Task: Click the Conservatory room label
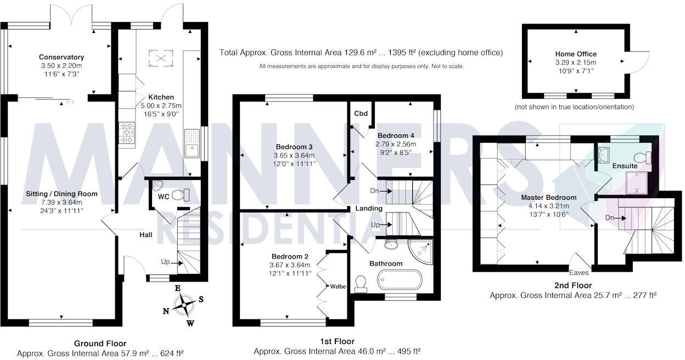click(61, 57)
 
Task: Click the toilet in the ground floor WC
click(179, 194)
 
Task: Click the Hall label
click(145, 235)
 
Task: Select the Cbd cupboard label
click(361, 114)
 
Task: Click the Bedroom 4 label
click(395, 136)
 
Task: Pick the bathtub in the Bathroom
click(399, 281)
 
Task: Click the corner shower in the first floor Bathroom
click(423, 250)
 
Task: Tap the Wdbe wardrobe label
click(338, 286)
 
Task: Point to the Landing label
click(369, 209)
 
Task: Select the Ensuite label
click(625, 165)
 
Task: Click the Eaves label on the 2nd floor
click(579, 272)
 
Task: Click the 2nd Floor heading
click(573, 285)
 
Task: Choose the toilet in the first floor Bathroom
click(361, 283)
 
